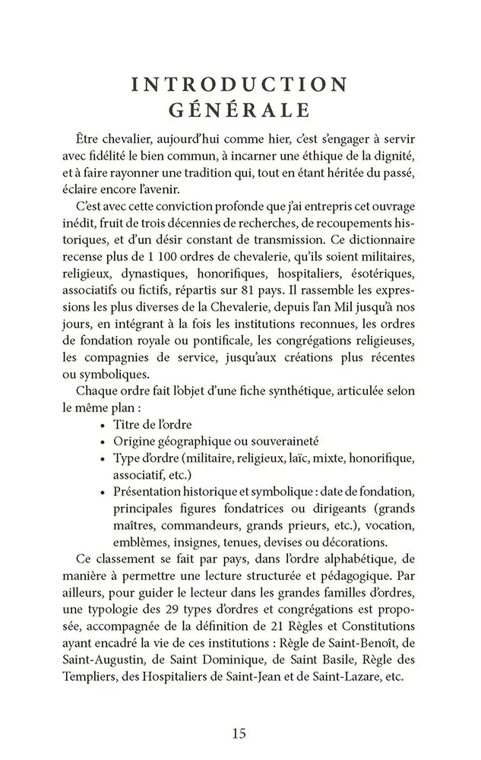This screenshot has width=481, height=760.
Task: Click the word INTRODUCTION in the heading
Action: tap(240, 83)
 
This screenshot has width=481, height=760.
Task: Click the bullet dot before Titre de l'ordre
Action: tap(102, 424)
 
